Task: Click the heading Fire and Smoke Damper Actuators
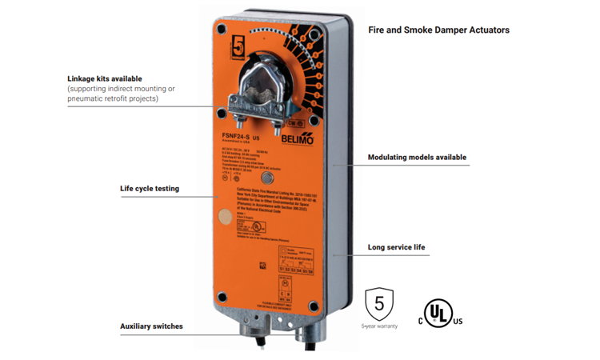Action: coord(438,30)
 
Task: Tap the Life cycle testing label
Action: coord(150,189)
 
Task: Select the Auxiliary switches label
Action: coord(151,326)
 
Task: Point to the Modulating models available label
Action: coord(417,158)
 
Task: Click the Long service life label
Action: coord(396,247)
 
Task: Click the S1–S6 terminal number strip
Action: coord(295,270)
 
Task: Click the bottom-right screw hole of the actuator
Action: coord(314,306)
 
